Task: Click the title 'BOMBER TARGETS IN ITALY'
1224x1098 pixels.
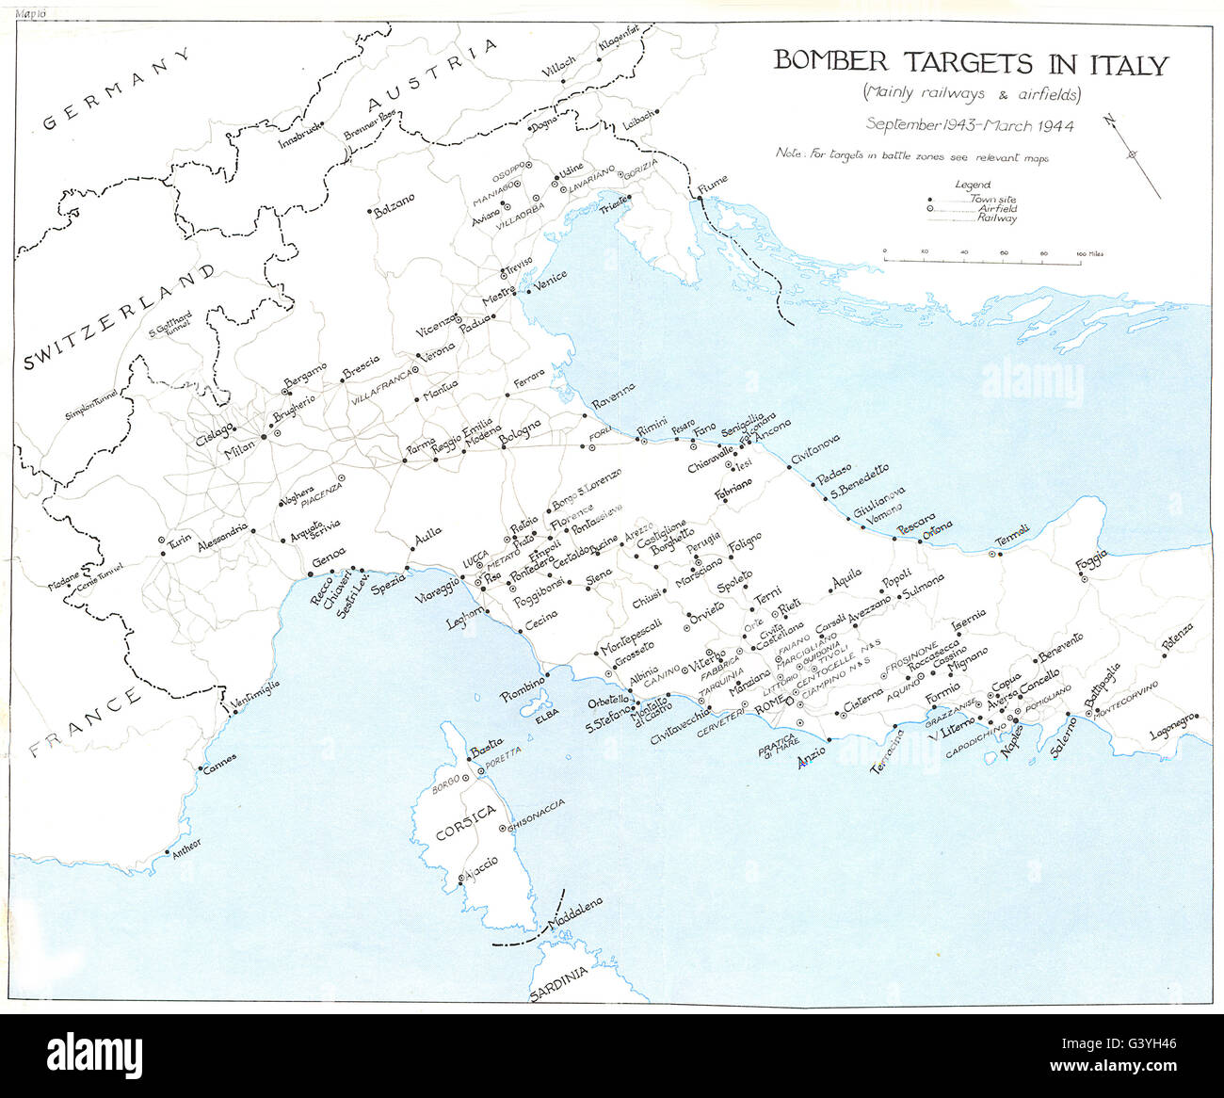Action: [x=970, y=64]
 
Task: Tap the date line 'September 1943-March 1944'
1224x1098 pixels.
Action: [x=970, y=124]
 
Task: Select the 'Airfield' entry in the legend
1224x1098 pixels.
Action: [x=996, y=208]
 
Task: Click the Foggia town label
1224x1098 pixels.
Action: [x=1093, y=561]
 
